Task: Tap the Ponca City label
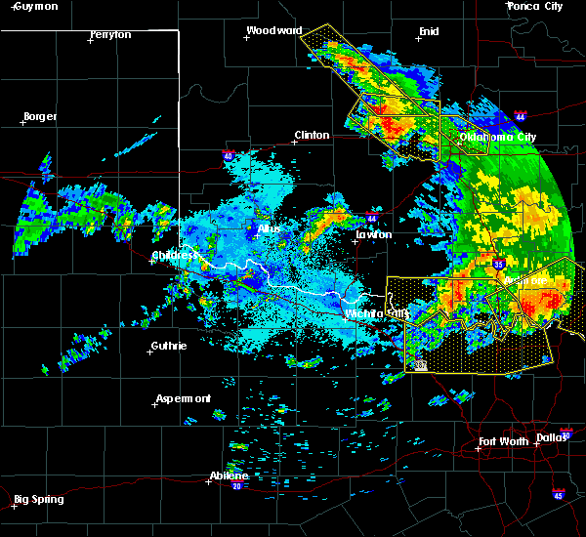pyautogui.click(x=535, y=6)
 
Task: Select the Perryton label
pyautogui.click(x=110, y=34)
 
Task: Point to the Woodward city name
pyautogui.click(x=274, y=30)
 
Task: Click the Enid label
pyautogui.click(x=429, y=31)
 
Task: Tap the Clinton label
pyautogui.click(x=313, y=136)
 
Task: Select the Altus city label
pyautogui.click(x=269, y=227)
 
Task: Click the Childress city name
pyautogui.click(x=175, y=256)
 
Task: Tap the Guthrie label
pyautogui.click(x=168, y=347)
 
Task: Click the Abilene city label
pyautogui.click(x=229, y=475)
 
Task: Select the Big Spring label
pyautogui.click(x=39, y=499)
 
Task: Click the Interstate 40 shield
pyautogui.click(x=229, y=155)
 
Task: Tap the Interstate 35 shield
pyautogui.click(x=500, y=263)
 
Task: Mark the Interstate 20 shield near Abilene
pyautogui.click(x=236, y=485)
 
